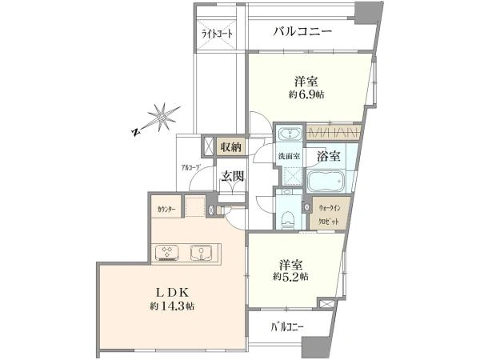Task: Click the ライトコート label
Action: pyautogui.click(x=217, y=34)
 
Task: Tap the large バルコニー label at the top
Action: pyautogui.click(x=302, y=32)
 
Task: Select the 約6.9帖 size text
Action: pyautogui.click(x=306, y=94)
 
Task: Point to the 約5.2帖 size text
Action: pyautogui.click(x=290, y=277)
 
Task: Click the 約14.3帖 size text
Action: pyautogui.click(x=172, y=306)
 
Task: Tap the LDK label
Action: pyautogui.click(x=172, y=292)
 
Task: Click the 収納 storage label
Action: pyautogui.click(x=231, y=147)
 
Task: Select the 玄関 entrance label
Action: pyautogui.click(x=232, y=176)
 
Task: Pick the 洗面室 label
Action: pyautogui.click(x=288, y=156)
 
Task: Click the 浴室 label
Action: pyautogui.click(x=328, y=156)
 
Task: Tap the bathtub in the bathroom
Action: pyautogui.click(x=326, y=181)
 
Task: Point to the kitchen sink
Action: pyautogui.click(x=201, y=253)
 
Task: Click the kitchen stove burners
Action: pyautogui.click(x=167, y=253)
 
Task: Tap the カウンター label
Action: pyautogui.click(x=166, y=210)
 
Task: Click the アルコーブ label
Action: pyautogui.click(x=190, y=167)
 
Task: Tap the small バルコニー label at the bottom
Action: pyautogui.click(x=287, y=327)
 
